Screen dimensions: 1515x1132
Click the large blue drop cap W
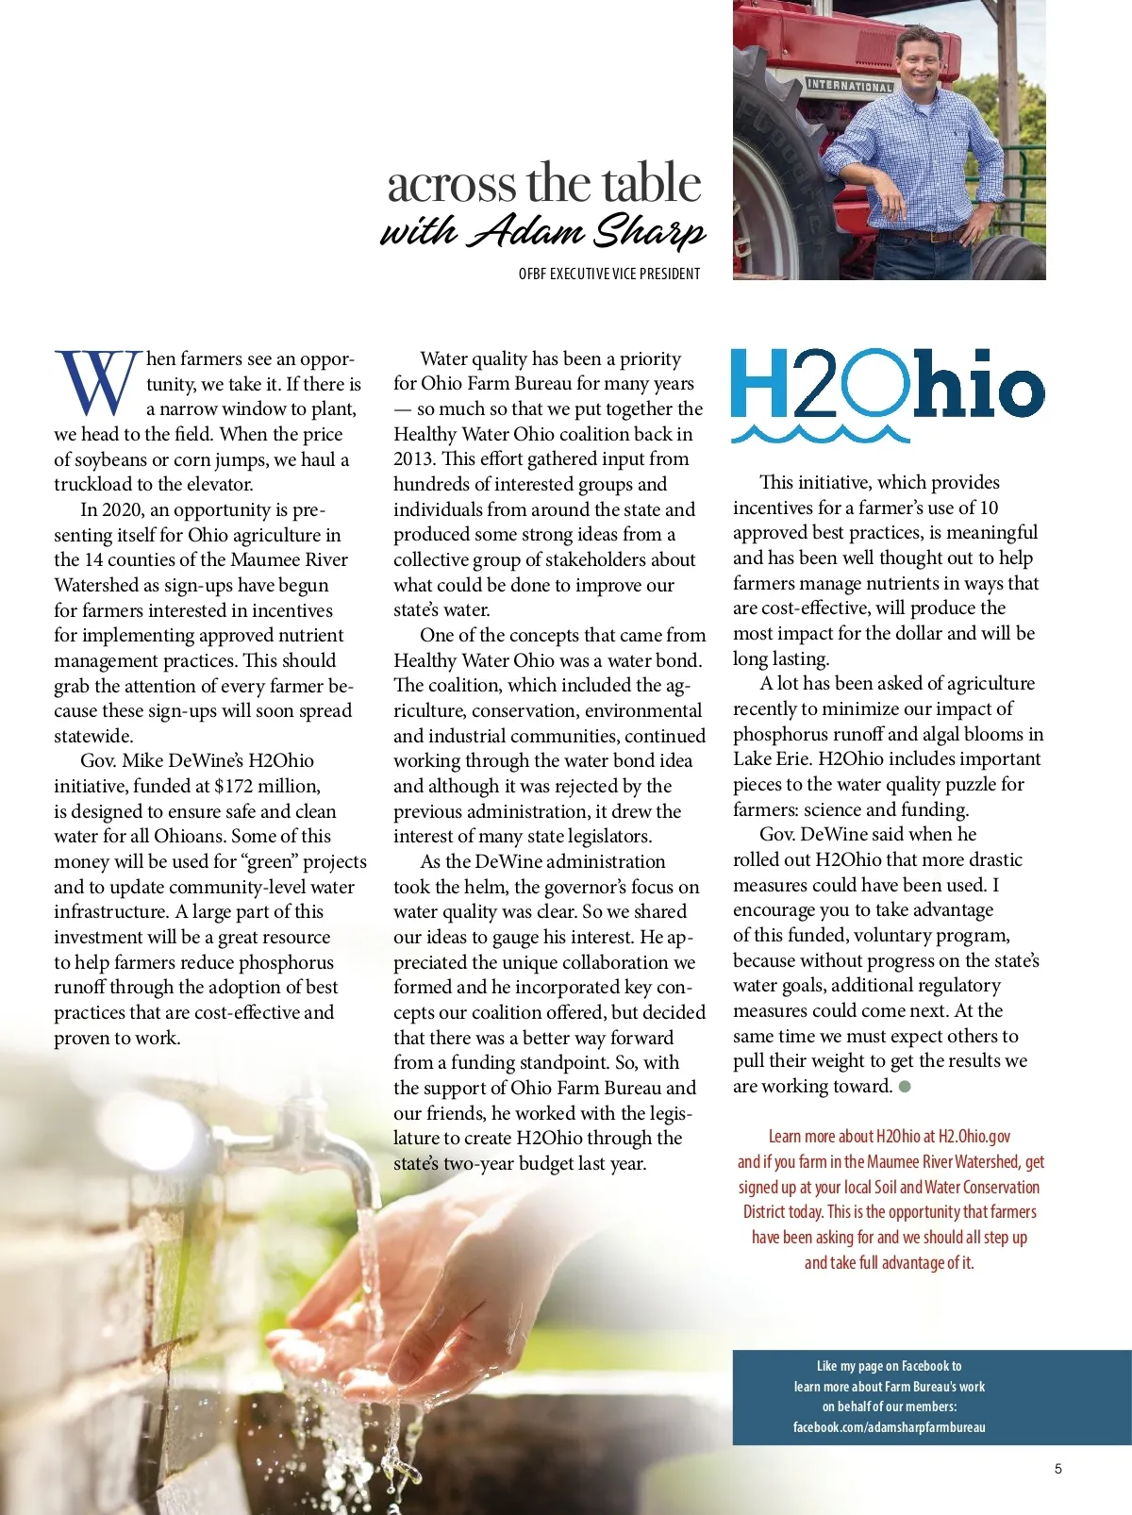point(98,382)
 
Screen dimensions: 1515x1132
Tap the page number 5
point(1058,1469)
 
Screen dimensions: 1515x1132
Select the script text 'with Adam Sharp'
point(542,231)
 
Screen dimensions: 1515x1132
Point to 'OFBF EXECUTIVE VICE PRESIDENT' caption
point(609,274)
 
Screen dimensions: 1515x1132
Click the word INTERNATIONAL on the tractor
point(849,86)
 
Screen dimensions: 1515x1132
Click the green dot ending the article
point(906,1087)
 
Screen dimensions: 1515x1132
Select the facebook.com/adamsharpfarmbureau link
point(889,1427)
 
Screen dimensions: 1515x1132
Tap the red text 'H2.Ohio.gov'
point(974,1137)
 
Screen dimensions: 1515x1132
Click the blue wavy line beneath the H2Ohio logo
point(821,434)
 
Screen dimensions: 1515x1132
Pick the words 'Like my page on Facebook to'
point(889,1366)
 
